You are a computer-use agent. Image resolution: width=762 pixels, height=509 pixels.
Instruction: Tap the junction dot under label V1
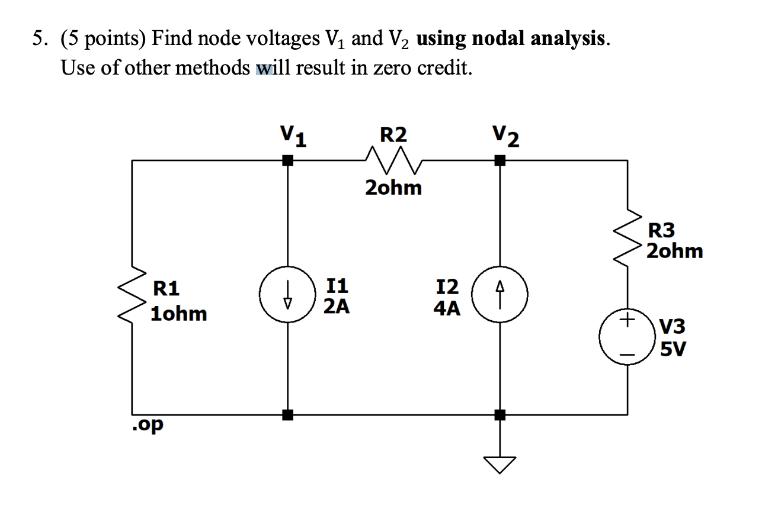pyautogui.click(x=287, y=160)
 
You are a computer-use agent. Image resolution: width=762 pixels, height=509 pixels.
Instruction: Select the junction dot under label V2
pyautogui.click(x=500, y=160)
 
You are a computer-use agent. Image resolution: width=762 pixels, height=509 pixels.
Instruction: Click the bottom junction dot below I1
pyautogui.click(x=287, y=415)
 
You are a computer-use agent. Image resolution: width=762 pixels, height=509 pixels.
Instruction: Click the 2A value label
pyautogui.click(x=336, y=307)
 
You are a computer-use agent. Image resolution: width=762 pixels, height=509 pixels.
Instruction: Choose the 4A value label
pyautogui.click(x=446, y=308)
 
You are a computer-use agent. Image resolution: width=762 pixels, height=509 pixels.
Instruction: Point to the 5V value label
pyautogui.click(x=673, y=350)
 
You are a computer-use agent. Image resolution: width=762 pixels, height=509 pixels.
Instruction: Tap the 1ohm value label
pyautogui.click(x=179, y=314)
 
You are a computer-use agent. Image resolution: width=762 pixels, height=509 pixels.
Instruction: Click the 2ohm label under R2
pyautogui.click(x=393, y=188)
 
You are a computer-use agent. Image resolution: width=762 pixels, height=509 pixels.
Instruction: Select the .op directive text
pyautogui.click(x=148, y=425)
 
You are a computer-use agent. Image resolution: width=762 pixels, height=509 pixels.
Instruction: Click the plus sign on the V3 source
pyautogui.click(x=627, y=320)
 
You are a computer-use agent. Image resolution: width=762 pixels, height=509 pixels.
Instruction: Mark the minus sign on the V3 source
pyautogui.click(x=627, y=355)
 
